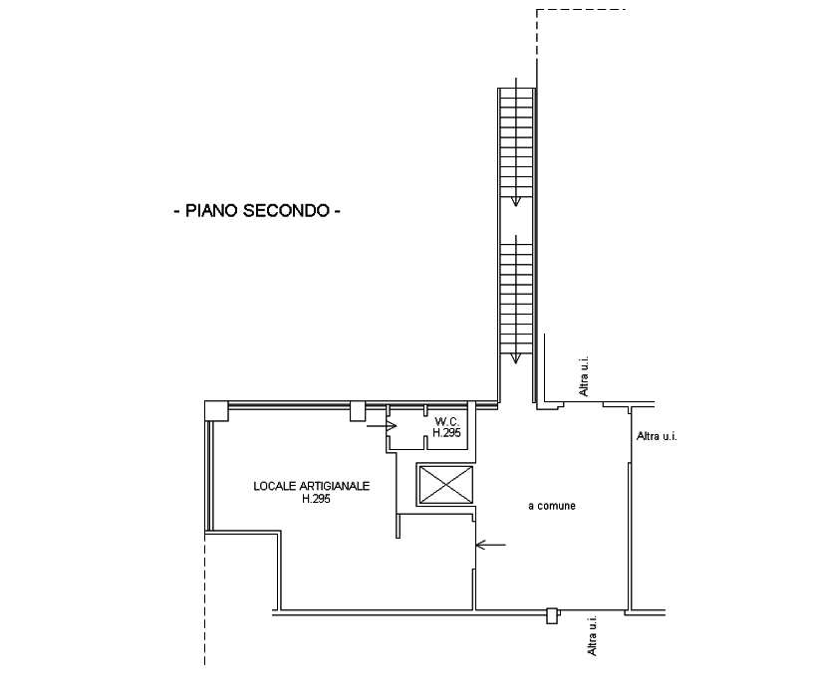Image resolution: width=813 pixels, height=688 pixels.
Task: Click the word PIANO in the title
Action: point(211,211)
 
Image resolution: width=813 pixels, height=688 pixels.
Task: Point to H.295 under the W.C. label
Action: point(446,433)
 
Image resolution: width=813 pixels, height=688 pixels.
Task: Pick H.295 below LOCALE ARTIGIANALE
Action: point(316,499)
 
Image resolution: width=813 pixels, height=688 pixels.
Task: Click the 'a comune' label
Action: point(552,507)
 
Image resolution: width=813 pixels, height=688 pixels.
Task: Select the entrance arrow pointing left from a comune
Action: point(490,545)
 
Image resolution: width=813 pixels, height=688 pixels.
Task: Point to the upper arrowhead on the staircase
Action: point(516,201)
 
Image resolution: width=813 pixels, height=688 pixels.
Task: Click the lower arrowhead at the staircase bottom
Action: point(516,359)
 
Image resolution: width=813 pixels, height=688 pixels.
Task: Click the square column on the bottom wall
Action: point(551,615)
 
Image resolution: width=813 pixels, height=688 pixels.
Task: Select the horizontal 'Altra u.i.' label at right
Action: point(656,436)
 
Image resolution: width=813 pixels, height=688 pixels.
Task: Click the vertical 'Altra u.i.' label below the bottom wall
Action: point(593,635)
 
